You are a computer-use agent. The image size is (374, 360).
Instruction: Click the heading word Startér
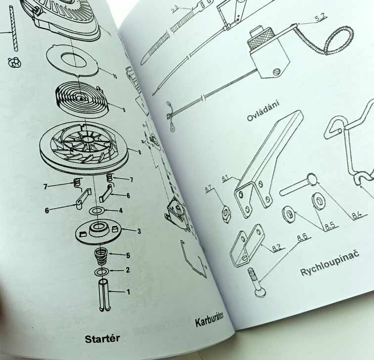click(102, 339)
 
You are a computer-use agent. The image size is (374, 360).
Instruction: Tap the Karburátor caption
click(210, 319)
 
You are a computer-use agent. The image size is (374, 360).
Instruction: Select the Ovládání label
click(263, 111)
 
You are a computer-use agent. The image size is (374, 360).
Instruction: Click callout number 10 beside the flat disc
click(114, 76)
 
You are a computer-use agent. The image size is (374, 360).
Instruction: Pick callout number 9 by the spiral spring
click(124, 110)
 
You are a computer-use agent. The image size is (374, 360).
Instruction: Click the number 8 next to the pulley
click(140, 152)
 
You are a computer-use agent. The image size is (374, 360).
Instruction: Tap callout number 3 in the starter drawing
click(139, 231)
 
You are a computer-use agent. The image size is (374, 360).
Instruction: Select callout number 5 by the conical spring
click(128, 256)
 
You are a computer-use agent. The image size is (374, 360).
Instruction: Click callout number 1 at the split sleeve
click(128, 292)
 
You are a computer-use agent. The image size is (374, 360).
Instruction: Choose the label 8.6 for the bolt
click(303, 237)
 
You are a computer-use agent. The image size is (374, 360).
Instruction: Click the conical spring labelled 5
click(102, 256)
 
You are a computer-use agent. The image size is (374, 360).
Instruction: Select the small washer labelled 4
click(96, 211)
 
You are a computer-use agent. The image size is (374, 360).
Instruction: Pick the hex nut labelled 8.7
click(226, 213)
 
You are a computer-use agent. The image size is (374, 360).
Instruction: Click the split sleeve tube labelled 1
click(105, 295)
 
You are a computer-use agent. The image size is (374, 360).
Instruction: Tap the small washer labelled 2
click(102, 271)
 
